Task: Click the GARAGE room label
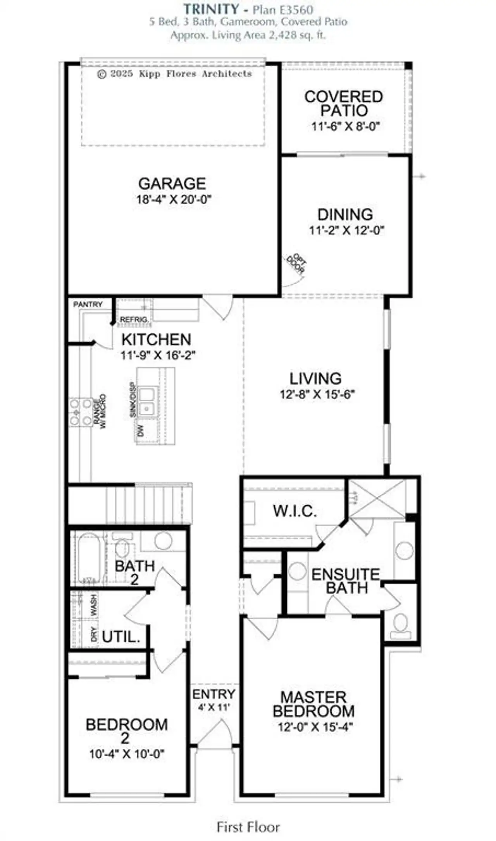[x=172, y=183]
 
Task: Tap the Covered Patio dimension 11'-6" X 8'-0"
[x=345, y=126]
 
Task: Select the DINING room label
[x=345, y=214]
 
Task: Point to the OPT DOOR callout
[x=296, y=264]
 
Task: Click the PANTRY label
[x=88, y=305]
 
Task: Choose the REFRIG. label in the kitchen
[x=134, y=320]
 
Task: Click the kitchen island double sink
[x=146, y=402]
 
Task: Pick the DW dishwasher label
[x=141, y=431]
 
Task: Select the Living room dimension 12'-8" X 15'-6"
[x=317, y=395]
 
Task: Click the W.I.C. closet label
[x=294, y=511]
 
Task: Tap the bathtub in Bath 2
[x=89, y=558]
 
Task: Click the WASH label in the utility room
[x=94, y=605]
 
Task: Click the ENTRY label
[x=214, y=694]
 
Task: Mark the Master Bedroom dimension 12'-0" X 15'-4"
[x=315, y=727]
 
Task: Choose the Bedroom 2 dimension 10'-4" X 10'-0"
[x=127, y=754]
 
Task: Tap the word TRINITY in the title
[x=211, y=9]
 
